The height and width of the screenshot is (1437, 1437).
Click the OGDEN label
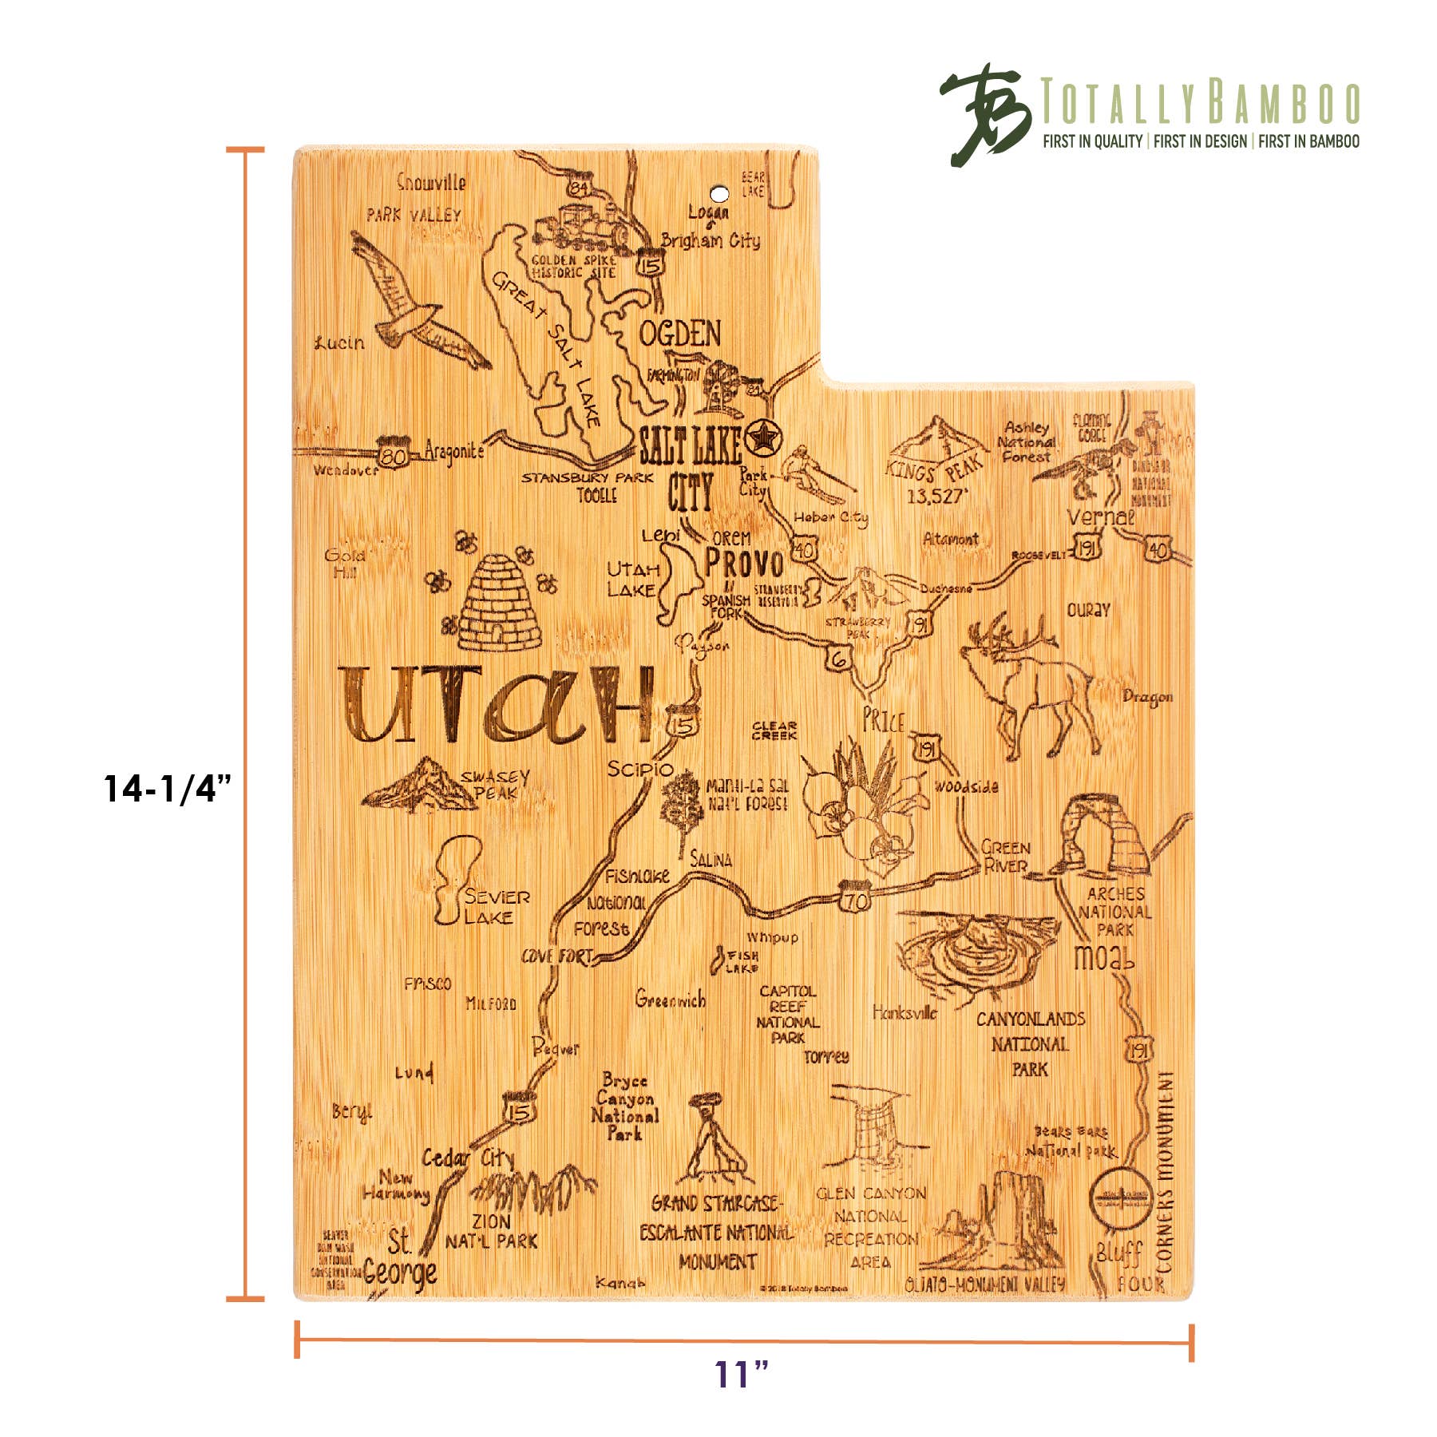(680, 334)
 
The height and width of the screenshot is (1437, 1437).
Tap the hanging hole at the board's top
(719, 194)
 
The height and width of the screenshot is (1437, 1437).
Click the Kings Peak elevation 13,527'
(937, 497)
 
